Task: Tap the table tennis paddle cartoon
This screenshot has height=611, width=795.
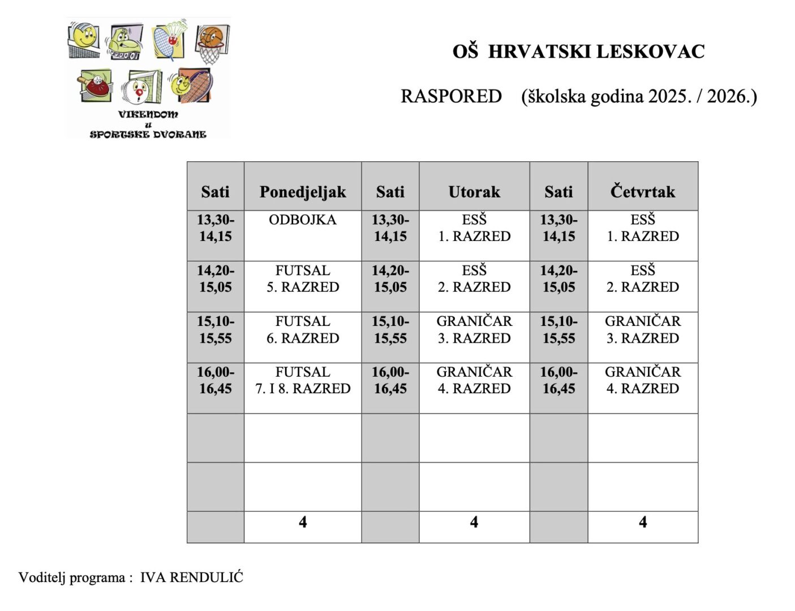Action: tap(95, 87)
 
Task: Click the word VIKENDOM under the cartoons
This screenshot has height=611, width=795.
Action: tap(148, 114)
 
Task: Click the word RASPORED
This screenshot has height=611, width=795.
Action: tap(451, 96)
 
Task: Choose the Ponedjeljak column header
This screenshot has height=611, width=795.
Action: tap(303, 192)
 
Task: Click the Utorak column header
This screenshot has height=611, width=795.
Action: tap(474, 192)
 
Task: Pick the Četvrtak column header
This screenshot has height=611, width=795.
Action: tap(643, 192)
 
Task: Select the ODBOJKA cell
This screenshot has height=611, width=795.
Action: tap(303, 220)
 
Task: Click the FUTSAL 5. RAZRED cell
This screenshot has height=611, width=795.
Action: tap(303, 279)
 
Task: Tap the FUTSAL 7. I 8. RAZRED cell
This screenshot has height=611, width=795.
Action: tap(303, 380)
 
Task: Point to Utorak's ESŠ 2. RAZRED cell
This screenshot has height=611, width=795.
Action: tap(474, 279)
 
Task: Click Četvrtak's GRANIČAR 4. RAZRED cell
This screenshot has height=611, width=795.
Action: tap(643, 380)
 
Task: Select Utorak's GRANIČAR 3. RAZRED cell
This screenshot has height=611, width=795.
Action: tap(474, 330)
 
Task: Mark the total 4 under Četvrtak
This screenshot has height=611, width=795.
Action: tap(643, 522)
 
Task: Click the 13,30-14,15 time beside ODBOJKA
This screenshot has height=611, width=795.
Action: tap(216, 228)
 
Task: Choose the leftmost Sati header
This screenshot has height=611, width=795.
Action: tap(216, 192)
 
